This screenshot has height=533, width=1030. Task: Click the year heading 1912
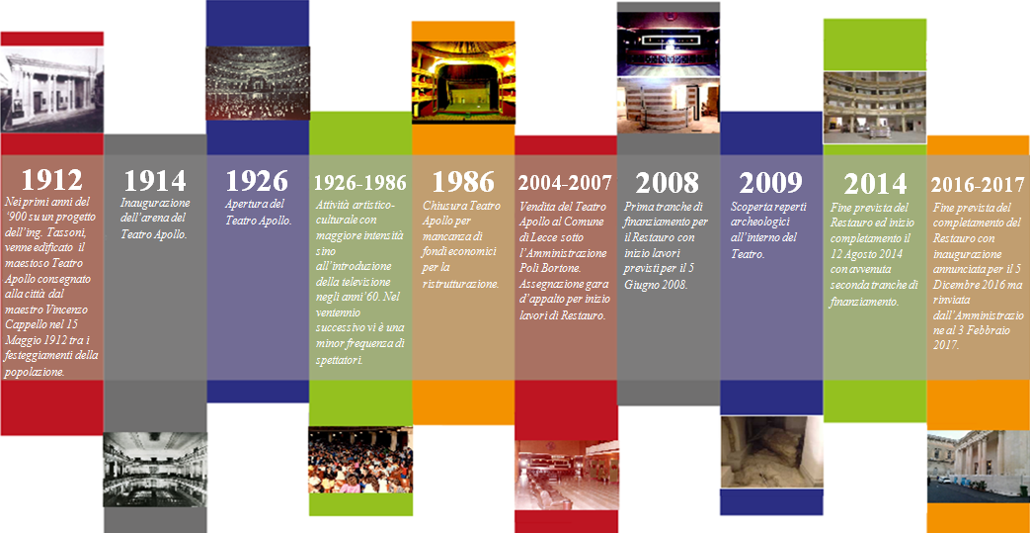[x=51, y=180]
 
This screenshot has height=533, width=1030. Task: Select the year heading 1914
[x=155, y=180]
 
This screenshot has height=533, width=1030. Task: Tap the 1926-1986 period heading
[x=360, y=182]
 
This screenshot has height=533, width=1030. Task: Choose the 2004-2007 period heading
[x=566, y=182]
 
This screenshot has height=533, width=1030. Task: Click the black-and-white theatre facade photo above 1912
[x=52, y=89]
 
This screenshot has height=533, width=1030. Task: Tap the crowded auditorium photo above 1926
[x=258, y=84]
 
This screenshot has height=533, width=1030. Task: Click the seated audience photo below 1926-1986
[x=360, y=460]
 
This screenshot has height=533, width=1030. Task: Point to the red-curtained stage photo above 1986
[x=463, y=82]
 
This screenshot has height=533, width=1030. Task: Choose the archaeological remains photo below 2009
[x=772, y=451]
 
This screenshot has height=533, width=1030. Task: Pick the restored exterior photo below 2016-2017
[x=978, y=467]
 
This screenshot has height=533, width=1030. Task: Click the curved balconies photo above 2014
[x=875, y=107]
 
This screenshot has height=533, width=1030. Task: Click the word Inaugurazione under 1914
[x=156, y=203]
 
